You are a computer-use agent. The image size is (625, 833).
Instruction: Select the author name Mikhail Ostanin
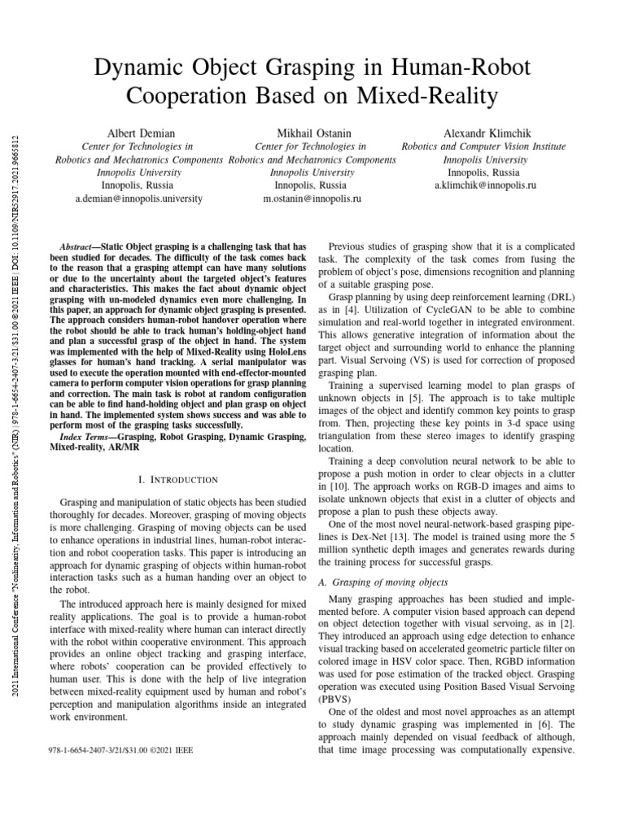pos(311,133)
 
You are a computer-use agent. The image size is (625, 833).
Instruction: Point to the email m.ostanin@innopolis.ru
pos(311,198)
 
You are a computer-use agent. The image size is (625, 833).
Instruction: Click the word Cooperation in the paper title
pos(199,95)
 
